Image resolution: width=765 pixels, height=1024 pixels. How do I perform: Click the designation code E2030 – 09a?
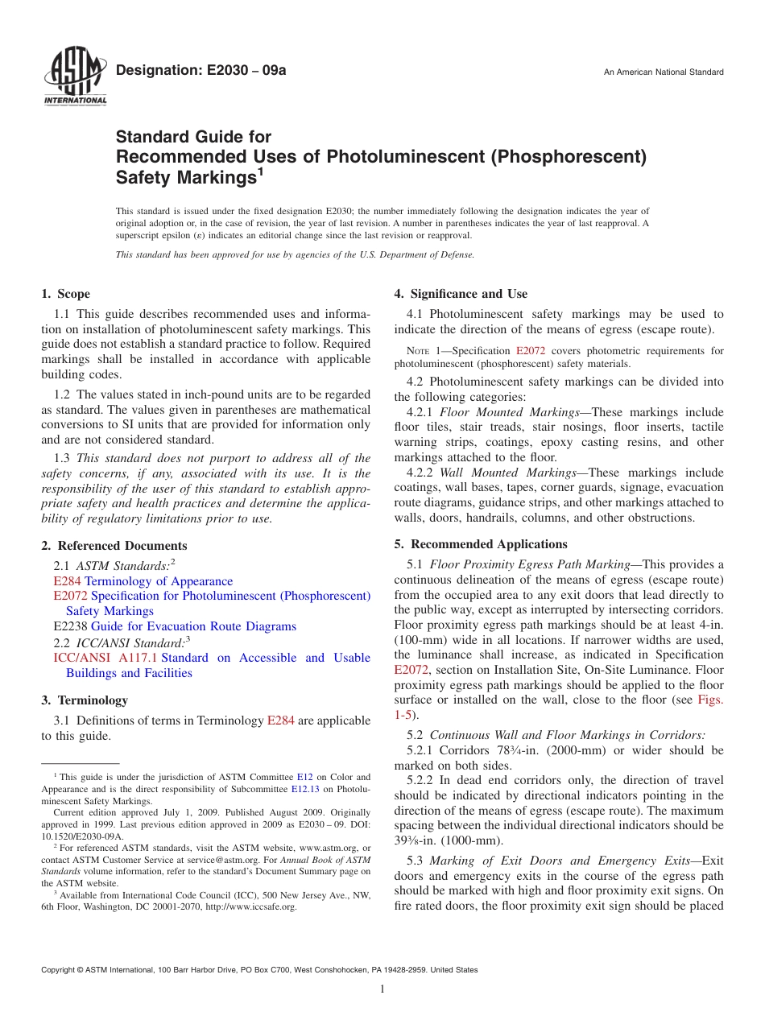point(201,71)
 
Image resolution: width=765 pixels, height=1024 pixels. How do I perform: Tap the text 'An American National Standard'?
point(664,72)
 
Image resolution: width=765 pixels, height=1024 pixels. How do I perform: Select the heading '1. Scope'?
point(66,294)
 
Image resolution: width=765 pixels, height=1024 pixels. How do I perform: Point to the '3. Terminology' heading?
point(85,700)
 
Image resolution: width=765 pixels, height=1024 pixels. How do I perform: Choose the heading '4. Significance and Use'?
point(461,294)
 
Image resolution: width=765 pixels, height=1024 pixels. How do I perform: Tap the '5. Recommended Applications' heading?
point(481,544)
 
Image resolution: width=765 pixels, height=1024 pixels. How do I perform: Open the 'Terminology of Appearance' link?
point(159,581)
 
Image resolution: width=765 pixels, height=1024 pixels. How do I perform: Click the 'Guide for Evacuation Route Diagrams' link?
point(193,626)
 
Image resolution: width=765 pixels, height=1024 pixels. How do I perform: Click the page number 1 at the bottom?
point(382,989)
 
